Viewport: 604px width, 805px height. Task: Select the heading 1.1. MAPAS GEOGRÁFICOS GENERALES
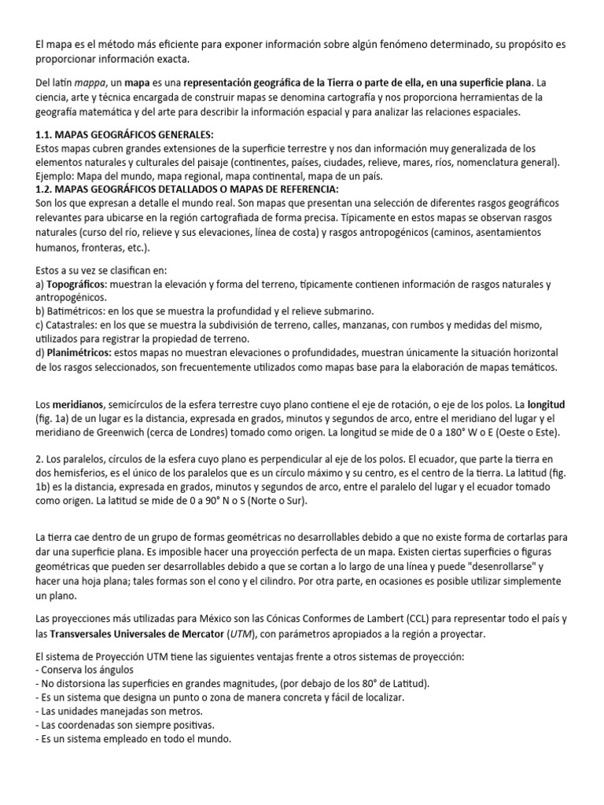124,134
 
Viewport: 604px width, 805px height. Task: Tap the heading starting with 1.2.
188,190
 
